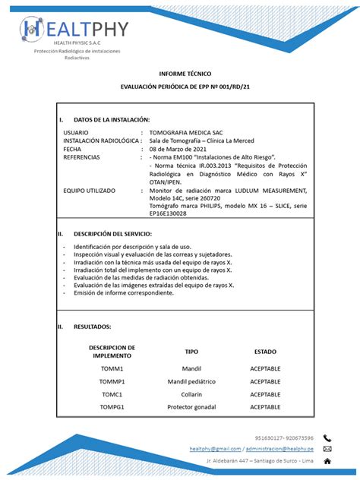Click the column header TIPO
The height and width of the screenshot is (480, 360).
pos(191,352)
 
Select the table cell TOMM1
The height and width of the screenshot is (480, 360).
pos(112,368)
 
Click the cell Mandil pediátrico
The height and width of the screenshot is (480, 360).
pos(191,381)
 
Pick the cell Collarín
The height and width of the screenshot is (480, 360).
pos(191,394)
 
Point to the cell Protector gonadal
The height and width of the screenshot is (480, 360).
pos(191,407)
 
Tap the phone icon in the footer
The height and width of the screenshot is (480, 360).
pos(327,438)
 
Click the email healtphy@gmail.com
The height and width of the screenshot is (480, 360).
pos(215,449)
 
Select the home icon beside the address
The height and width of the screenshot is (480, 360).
pos(327,460)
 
